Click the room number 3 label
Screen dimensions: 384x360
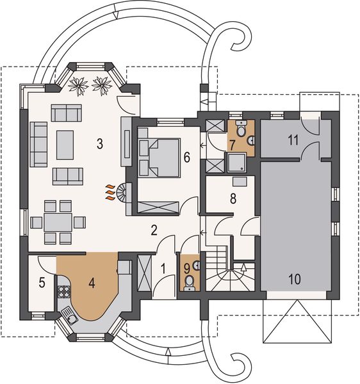(x=99, y=143)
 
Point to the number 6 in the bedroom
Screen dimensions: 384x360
(x=186, y=156)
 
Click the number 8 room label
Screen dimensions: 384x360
(x=233, y=199)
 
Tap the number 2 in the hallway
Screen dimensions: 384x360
(x=154, y=230)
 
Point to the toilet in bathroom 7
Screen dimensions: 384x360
(x=241, y=129)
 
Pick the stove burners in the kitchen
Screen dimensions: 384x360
(x=64, y=292)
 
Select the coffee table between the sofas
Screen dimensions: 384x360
(x=65, y=145)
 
